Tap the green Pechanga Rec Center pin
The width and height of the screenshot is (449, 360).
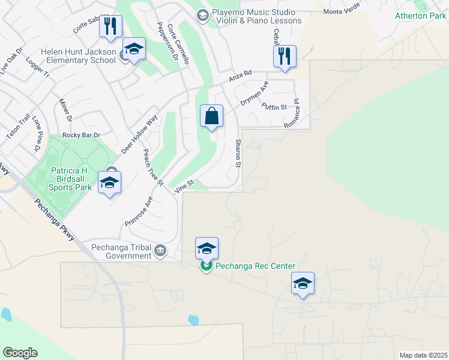pos(206,266)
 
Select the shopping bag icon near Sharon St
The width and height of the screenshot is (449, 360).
pos(212,116)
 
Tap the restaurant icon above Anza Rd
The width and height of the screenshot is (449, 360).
pos(284,57)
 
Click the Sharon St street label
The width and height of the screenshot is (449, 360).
pos(238,154)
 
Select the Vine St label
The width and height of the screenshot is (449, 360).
pos(184,187)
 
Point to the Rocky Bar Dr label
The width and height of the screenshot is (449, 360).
pos(80,135)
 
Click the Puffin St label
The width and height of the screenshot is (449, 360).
pos(275,107)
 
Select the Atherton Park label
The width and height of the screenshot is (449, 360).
pos(420,16)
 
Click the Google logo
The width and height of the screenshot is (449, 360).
pos(20,353)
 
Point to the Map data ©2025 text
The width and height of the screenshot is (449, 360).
pos(423,355)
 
